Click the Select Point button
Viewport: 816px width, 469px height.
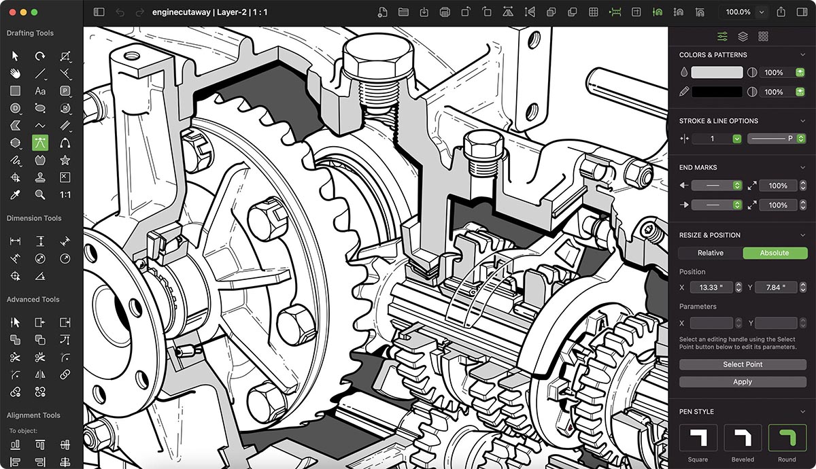(743, 364)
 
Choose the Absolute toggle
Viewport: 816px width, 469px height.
(774, 253)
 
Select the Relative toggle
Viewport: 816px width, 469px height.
(710, 253)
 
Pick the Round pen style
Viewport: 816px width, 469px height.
(787, 438)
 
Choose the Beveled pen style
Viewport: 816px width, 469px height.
(743, 438)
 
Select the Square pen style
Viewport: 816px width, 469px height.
(698, 438)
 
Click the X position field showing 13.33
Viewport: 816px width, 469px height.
(712, 288)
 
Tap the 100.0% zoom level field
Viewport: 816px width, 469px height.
(738, 12)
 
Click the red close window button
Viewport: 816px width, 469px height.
(11, 12)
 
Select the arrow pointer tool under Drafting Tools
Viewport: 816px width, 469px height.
(15, 56)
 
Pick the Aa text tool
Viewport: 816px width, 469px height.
(40, 91)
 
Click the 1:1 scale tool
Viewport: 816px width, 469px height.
(65, 195)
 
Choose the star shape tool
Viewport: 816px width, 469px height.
(65, 160)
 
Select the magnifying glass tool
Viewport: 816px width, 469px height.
(40, 195)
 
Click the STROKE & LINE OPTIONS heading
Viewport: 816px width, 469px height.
(718, 121)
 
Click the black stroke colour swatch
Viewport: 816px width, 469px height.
(717, 92)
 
